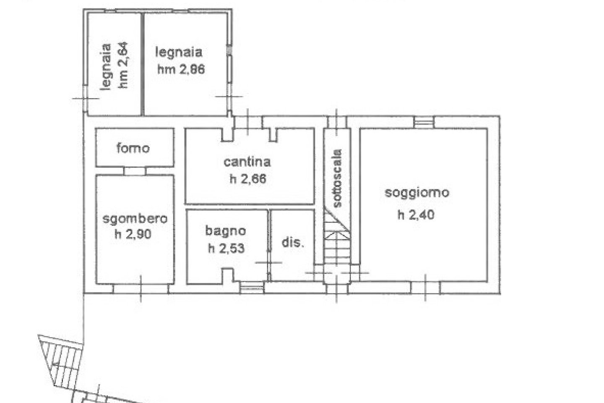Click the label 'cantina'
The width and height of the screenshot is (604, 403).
coord(247,162)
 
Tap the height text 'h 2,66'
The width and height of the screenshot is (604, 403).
coord(248,179)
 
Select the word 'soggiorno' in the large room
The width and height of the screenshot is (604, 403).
coord(417,193)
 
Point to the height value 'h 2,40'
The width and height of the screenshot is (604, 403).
coord(416,215)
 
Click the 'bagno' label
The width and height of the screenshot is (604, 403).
coord(225,231)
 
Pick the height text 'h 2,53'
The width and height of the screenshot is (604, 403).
coord(226,248)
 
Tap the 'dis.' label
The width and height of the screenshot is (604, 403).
coord(293,242)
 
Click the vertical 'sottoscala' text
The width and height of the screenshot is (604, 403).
coord(337,178)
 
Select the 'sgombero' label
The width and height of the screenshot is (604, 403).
coord(135,219)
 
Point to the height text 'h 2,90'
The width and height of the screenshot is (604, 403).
coord(133,234)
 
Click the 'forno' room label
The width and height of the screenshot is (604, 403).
coord(133,148)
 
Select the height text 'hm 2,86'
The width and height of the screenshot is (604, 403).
coord(181,69)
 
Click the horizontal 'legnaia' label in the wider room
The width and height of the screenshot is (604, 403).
coord(179,52)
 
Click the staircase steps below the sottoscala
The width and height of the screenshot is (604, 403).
coord(337,237)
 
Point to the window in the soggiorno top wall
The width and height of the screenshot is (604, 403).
coord(424,122)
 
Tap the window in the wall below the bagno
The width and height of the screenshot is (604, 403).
coord(252,288)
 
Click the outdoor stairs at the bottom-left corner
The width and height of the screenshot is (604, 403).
coord(62,359)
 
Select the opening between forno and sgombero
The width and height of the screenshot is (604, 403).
coord(135,171)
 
